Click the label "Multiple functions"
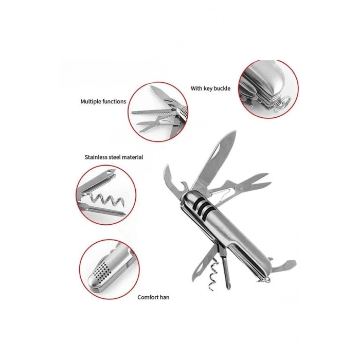tap(103, 101)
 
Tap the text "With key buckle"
tap(210, 88)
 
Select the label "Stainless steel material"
tap(114, 157)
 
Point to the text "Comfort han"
tap(153, 297)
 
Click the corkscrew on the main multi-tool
tap(212, 274)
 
